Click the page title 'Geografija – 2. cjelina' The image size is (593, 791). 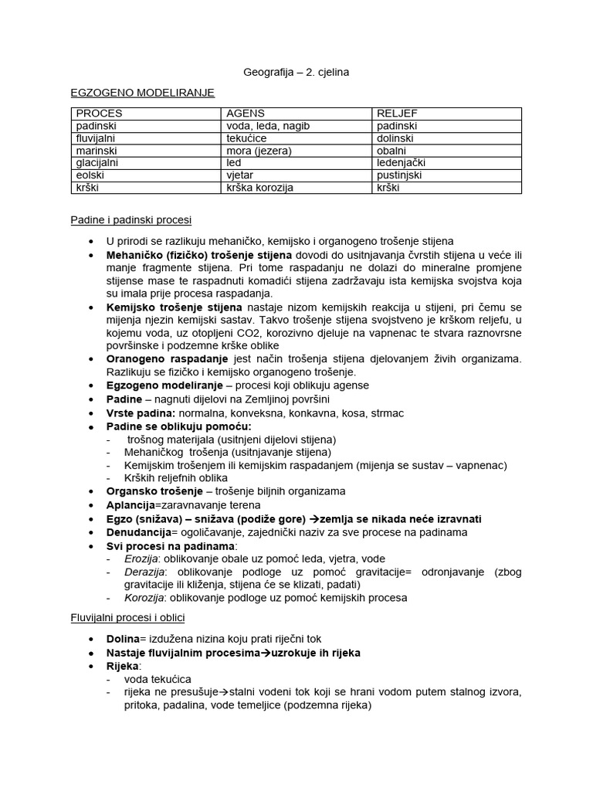click(x=296, y=72)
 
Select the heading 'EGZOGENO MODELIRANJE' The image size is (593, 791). click(x=142, y=92)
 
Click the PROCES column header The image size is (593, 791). click(x=99, y=114)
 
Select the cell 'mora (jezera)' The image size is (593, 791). click(x=257, y=151)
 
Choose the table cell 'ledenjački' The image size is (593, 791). click(x=401, y=163)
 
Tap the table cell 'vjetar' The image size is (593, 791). click(x=240, y=175)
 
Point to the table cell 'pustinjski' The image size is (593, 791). click(x=399, y=175)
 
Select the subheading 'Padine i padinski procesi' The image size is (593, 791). click(x=131, y=220)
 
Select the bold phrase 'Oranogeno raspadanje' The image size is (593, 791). click(x=167, y=359)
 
